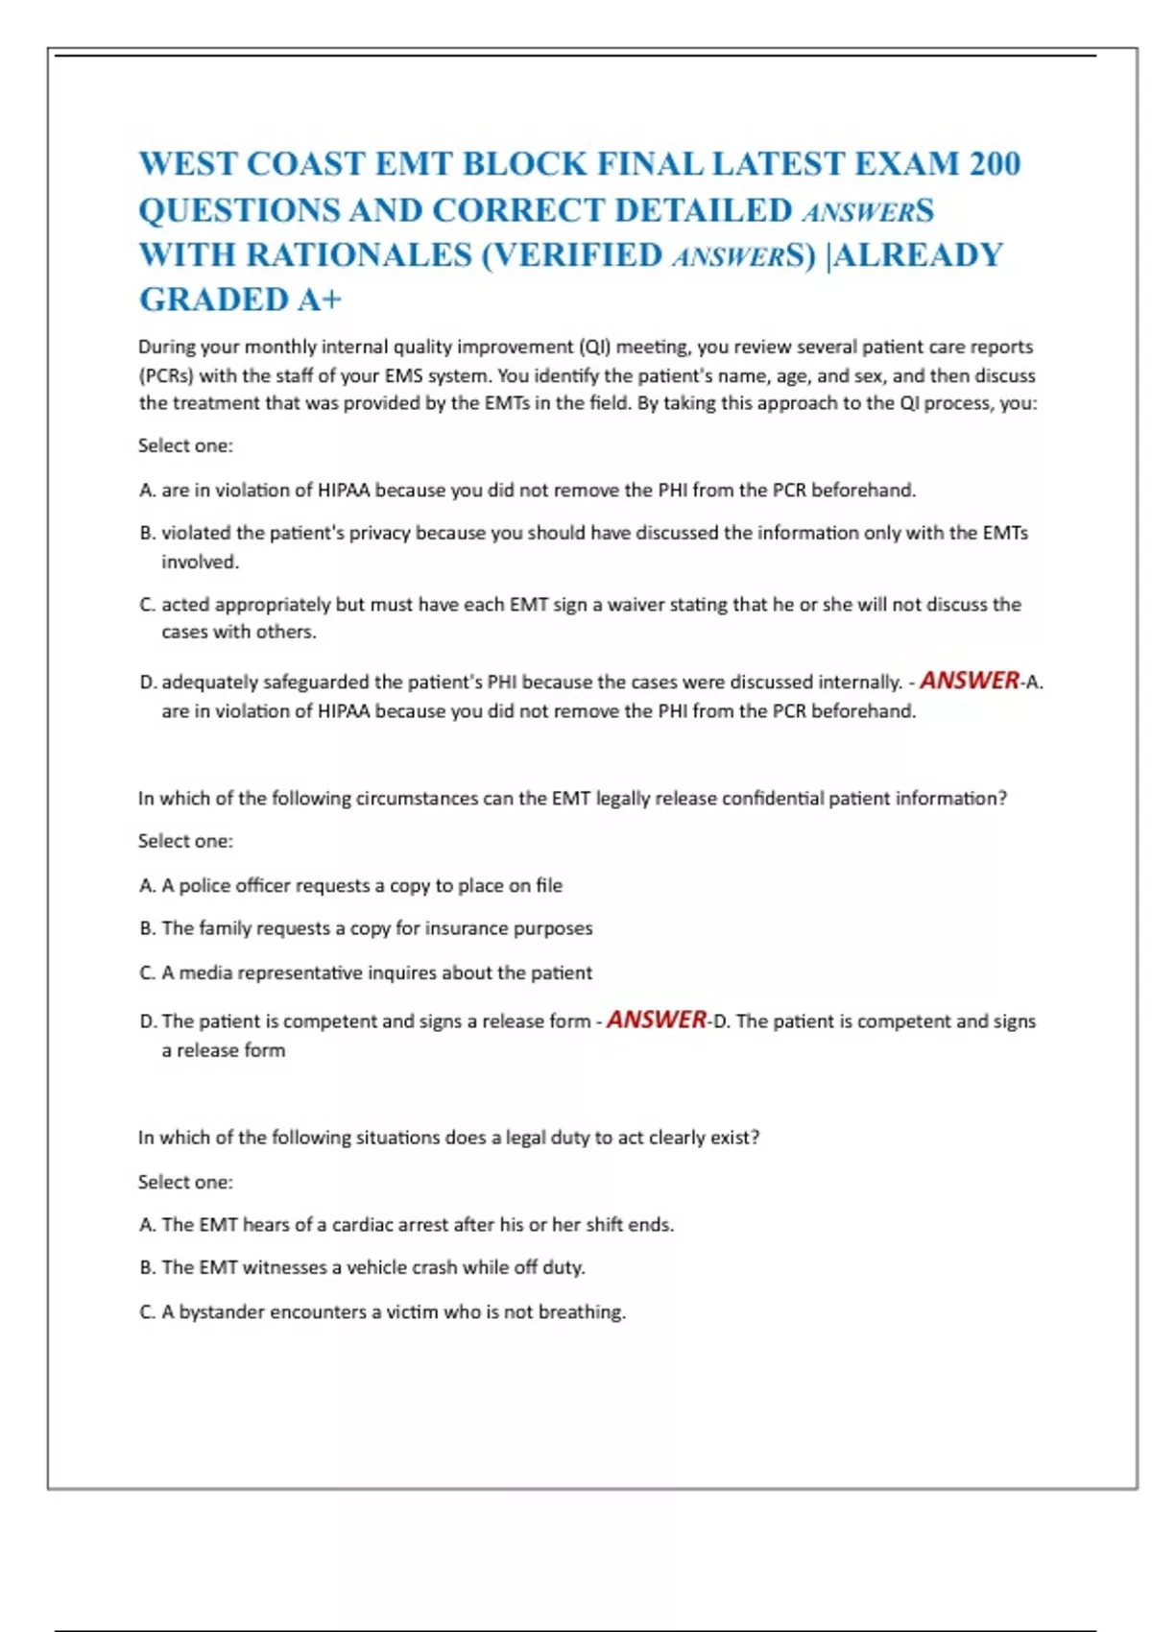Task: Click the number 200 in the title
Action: (x=995, y=164)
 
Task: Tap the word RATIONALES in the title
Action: (x=358, y=255)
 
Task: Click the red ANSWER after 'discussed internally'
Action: (x=970, y=681)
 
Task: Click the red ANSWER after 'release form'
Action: (x=657, y=1020)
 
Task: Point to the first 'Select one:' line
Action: (x=185, y=445)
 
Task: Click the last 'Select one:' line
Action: (x=185, y=1182)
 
